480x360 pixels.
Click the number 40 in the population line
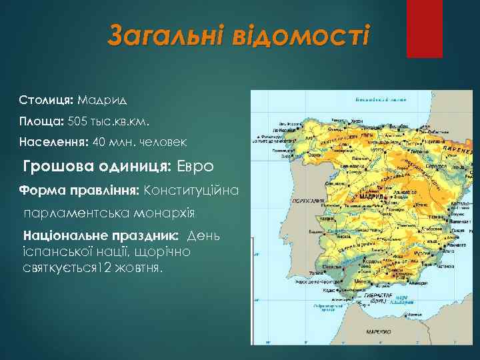(99, 142)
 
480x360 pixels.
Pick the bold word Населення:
(54, 142)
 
